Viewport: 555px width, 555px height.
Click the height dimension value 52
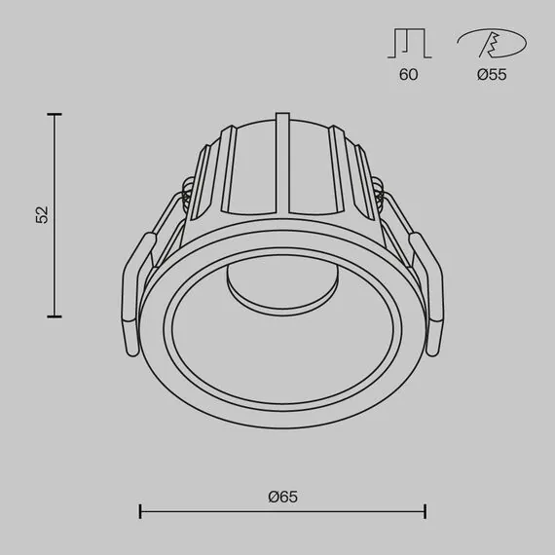pyautogui.click(x=41, y=215)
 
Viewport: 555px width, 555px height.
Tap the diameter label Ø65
pyautogui.click(x=282, y=496)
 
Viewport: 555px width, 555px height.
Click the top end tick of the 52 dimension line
pyautogui.click(x=55, y=115)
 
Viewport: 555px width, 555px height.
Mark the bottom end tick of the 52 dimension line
pyautogui.click(x=55, y=315)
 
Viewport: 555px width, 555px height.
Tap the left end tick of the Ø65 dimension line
pyautogui.click(x=141, y=510)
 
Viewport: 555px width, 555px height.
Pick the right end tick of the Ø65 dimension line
pyautogui.click(x=425, y=510)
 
